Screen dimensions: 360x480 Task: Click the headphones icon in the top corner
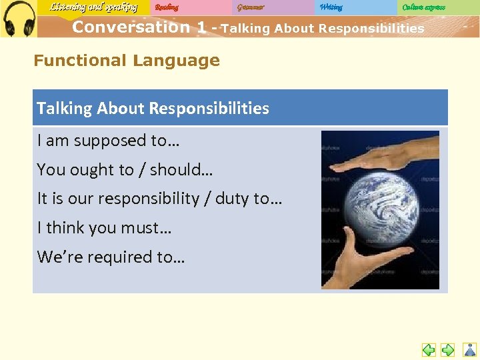coord(19,19)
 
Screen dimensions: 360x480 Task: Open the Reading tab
coord(167,7)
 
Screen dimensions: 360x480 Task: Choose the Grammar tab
coord(251,7)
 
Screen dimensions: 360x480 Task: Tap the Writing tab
coord(331,7)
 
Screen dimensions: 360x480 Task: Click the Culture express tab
coord(423,7)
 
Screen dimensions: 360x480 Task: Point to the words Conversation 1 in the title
coord(139,27)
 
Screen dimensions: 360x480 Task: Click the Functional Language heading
coord(127,61)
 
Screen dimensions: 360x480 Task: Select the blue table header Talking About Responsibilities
coord(153,108)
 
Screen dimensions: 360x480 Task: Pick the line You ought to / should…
coord(125,170)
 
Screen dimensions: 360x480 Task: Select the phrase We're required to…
coord(111,257)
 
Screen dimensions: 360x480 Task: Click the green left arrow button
coord(429,349)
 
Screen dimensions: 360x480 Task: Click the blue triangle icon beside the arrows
coord(470,349)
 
